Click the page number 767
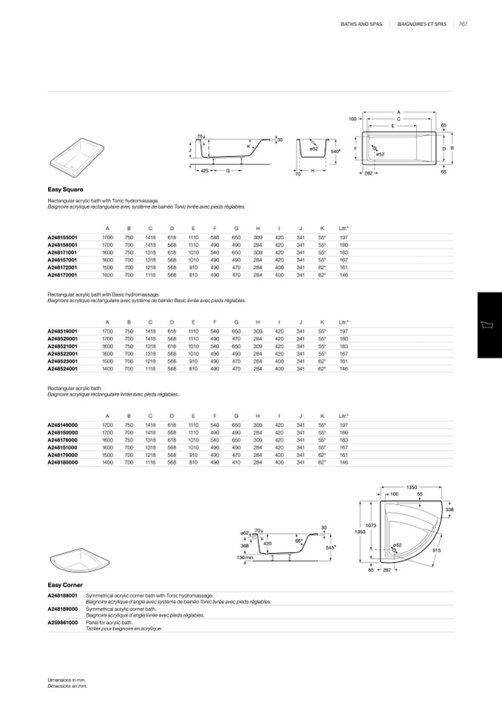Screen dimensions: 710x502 (462, 24)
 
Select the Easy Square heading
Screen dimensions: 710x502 (65, 190)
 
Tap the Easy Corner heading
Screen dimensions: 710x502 (65, 585)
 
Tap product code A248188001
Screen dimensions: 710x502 (63, 595)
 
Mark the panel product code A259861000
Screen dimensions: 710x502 (63, 623)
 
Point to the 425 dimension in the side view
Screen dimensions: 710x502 (204, 171)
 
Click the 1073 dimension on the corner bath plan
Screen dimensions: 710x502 (372, 525)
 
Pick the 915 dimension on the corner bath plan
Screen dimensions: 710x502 (436, 550)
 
